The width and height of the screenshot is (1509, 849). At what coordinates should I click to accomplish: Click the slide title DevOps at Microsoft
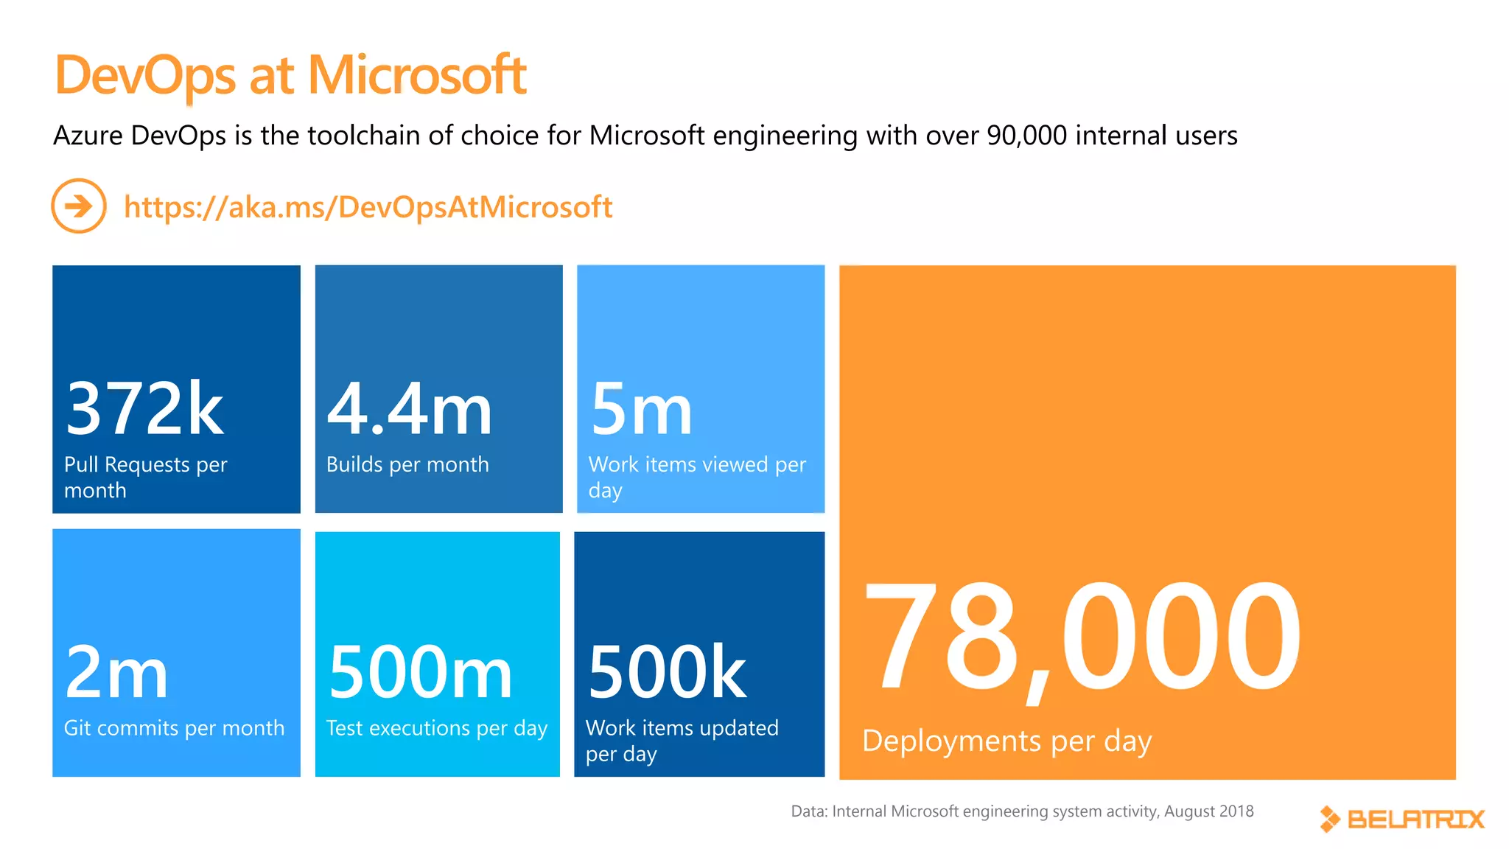pyautogui.click(x=290, y=75)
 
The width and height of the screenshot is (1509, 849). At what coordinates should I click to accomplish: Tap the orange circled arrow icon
pyautogui.click(x=79, y=206)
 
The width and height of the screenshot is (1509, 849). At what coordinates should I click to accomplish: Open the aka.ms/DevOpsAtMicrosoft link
pyautogui.click(x=368, y=207)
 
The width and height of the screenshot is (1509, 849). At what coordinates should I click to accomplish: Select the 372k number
pyautogui.click(x=144, y=409)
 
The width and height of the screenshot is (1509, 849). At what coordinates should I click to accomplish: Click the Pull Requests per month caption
pyautogui.click(x=145, y=477)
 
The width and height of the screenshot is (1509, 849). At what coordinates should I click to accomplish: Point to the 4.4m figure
pyautogui.click(x=409, y=409)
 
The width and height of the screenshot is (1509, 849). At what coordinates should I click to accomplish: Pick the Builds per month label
pyautogui.click(x=407, y=464)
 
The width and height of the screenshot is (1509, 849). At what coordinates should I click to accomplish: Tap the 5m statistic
pyautogui.click(x=641, y=409)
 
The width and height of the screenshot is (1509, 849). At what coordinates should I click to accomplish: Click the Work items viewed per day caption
pyautogui.click(x=697, y=477)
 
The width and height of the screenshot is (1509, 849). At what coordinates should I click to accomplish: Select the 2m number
pyautogui.click(x=116, y=672)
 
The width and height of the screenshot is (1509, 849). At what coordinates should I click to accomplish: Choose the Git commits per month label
pyautogui.click(x=174, y=728)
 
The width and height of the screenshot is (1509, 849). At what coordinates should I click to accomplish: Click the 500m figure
pyautogui.click(x=420, y=672)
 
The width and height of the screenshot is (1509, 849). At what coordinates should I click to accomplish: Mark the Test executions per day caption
pyautogui.click(x=437, y=728)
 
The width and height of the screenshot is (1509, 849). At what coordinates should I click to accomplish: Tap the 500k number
pyautogui.click(x=667, y=672)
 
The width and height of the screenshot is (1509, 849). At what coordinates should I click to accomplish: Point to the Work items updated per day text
pyautogui.click(x=682, y=741)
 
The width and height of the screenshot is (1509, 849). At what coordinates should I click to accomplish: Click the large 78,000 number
pyautogui.click(x=1081, y=637)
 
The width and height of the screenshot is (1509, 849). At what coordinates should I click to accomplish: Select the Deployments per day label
pyautogui.click(x=1006, y=741)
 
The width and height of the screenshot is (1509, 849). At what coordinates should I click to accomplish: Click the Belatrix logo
pyautogui.click(x=1402, y=819)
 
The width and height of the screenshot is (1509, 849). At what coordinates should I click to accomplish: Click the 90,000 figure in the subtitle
pyautogui.click(x=1026, y=136)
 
